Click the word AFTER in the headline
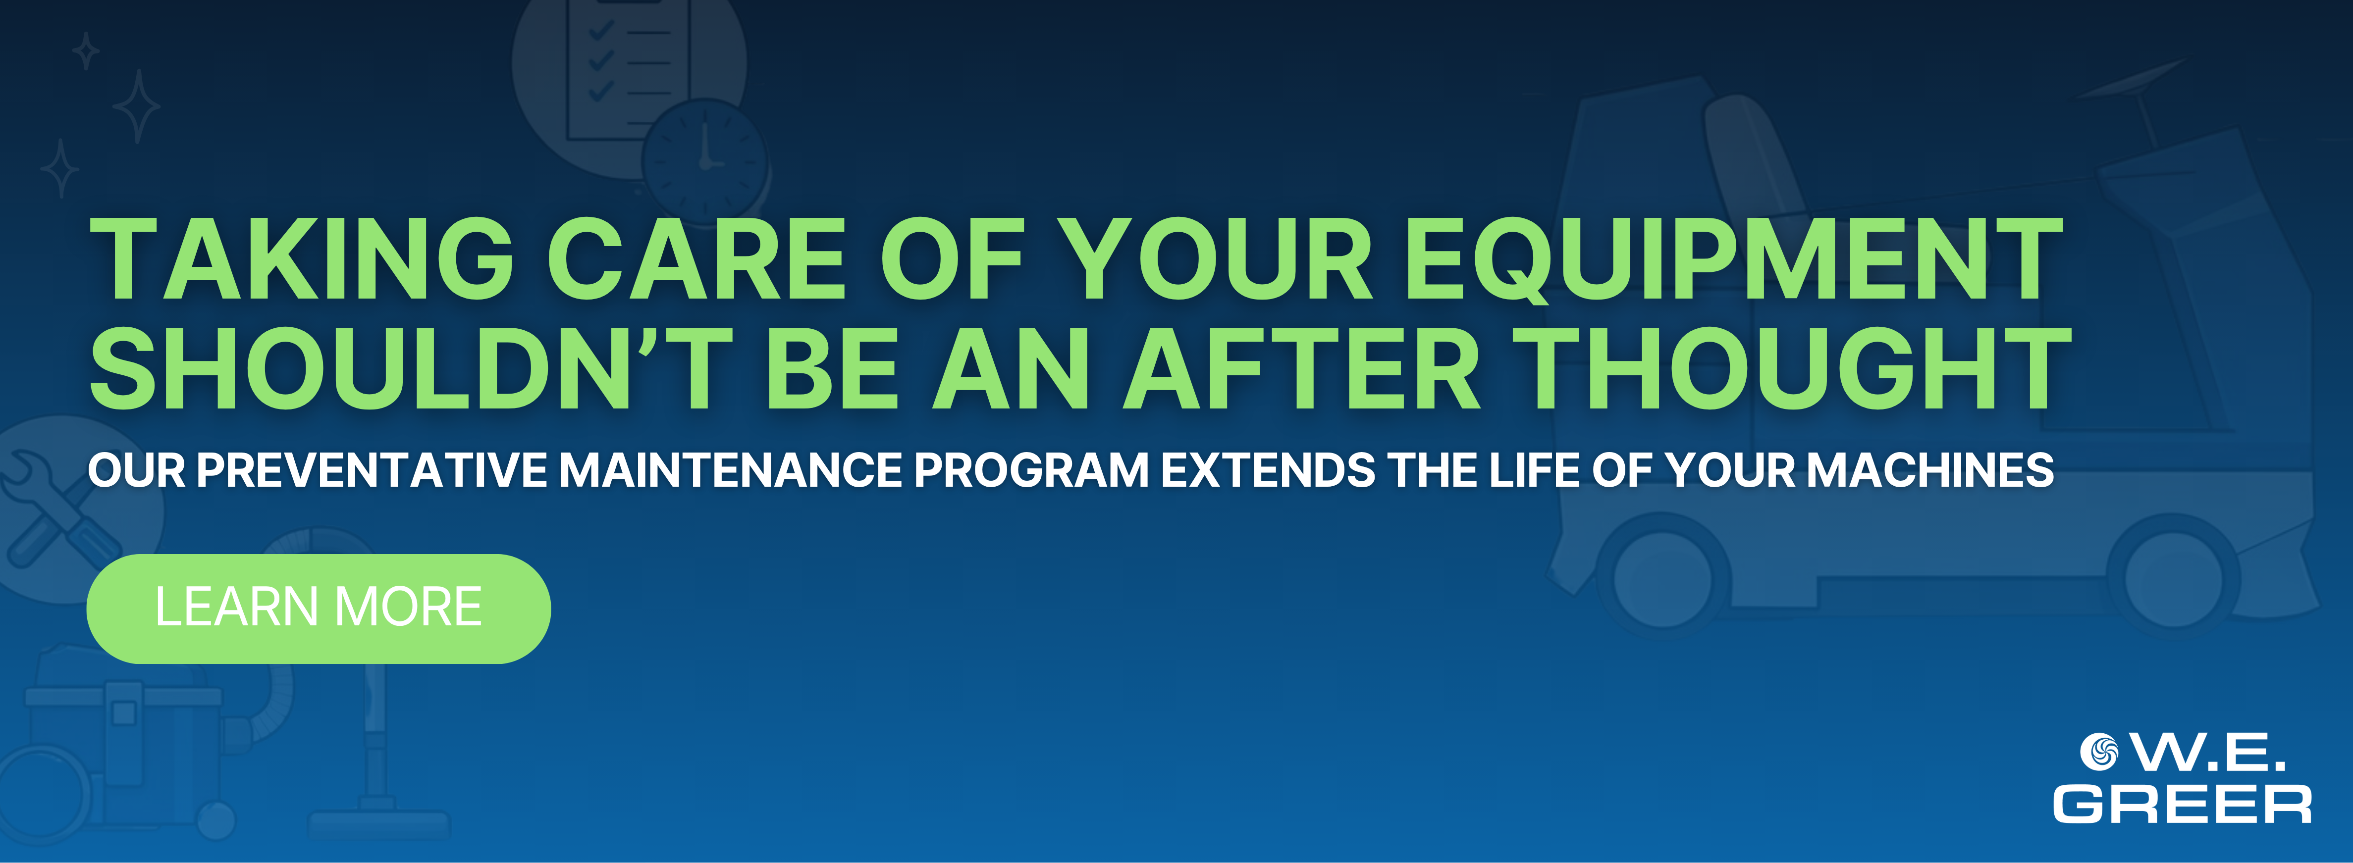coord(1302,367)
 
